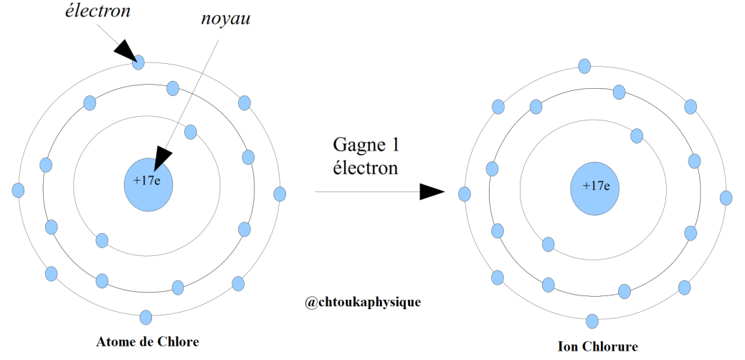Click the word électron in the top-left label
pyautogui.click(x=98, y=11)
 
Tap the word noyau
pyautogui.click(x=226, y=19)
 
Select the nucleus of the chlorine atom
pyautogui.click(x=148, y=185)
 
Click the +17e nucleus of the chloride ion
pyautogui.click(x=594, y=189)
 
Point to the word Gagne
pyautogui.click(x=356, y=144)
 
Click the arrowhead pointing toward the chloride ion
pyautogui.click(x=432, y=192)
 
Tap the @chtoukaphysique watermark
pyautogui.click(x=363, y=302)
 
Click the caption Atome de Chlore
pyautogui.click(x=148, y=341)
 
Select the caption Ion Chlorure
pyautogui.click(x=598, y=346)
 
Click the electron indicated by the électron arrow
pyautogui.click(x=138, y=62)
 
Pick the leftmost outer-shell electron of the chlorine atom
pyautogui.click(x=18, y=191)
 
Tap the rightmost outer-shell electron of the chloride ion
pyautogui.click(x=726, y=198)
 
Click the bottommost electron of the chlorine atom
pyautogui.click(x=146, y=317)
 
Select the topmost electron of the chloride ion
pyautogui.click(x=584, y=66)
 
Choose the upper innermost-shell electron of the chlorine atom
pyautogui.click(x=191, y=132)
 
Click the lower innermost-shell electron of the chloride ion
pyautogui.click(x=549, y=245)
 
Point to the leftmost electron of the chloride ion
pyautogui.click(x=465, y=194)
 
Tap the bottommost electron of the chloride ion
pyautogui.click(x=592, y=321)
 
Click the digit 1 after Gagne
pyautogui.click(x=394, y=144)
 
